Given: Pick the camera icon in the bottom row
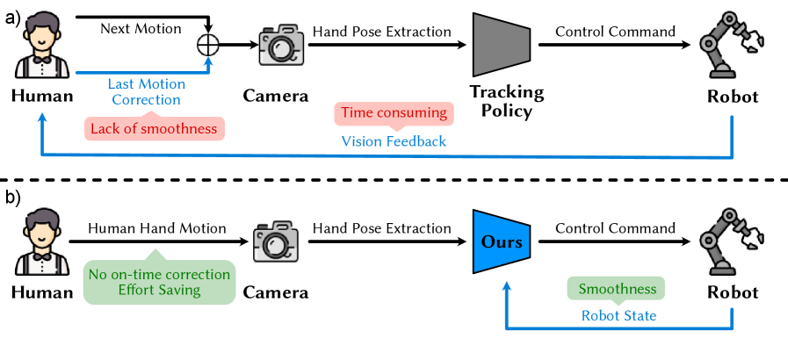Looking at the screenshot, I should coord(276,241).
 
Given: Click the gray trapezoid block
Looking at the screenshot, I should coord(500,45).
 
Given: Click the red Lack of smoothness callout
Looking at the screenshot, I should coord(155,129).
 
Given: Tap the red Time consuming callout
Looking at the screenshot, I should coord(394,113).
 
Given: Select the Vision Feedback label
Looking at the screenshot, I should coord(394,141).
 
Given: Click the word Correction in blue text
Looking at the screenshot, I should coord(146,100).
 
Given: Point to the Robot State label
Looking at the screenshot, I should coord(618,315).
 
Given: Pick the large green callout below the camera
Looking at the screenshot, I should coord(159,282).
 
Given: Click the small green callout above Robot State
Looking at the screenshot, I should coord(615,288).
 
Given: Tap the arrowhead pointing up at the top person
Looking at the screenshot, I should coord(41,118).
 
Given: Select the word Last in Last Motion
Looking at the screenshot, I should coord(121,84).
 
